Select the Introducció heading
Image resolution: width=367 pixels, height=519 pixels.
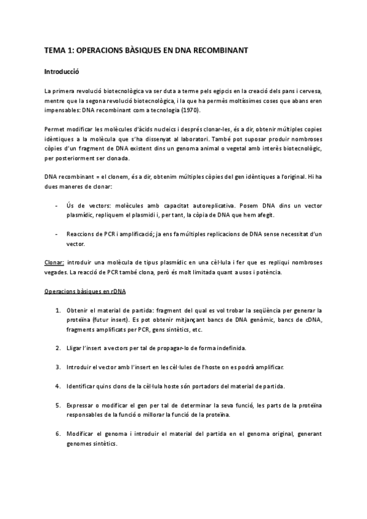click(x=62, y=71)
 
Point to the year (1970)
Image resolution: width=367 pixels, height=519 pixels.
click(x=190, y=110)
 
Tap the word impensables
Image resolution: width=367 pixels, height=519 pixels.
click(x=62, y=110)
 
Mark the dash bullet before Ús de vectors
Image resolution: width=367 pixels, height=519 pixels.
click(x=56, y=205)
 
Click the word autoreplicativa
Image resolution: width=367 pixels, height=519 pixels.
click(x=204, y=205)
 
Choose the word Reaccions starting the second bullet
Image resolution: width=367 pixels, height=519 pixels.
click(x=81, y=234)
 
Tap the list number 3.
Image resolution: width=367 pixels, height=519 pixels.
click(x=57, y=367)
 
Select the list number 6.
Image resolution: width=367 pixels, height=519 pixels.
click(x=57, y=433)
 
